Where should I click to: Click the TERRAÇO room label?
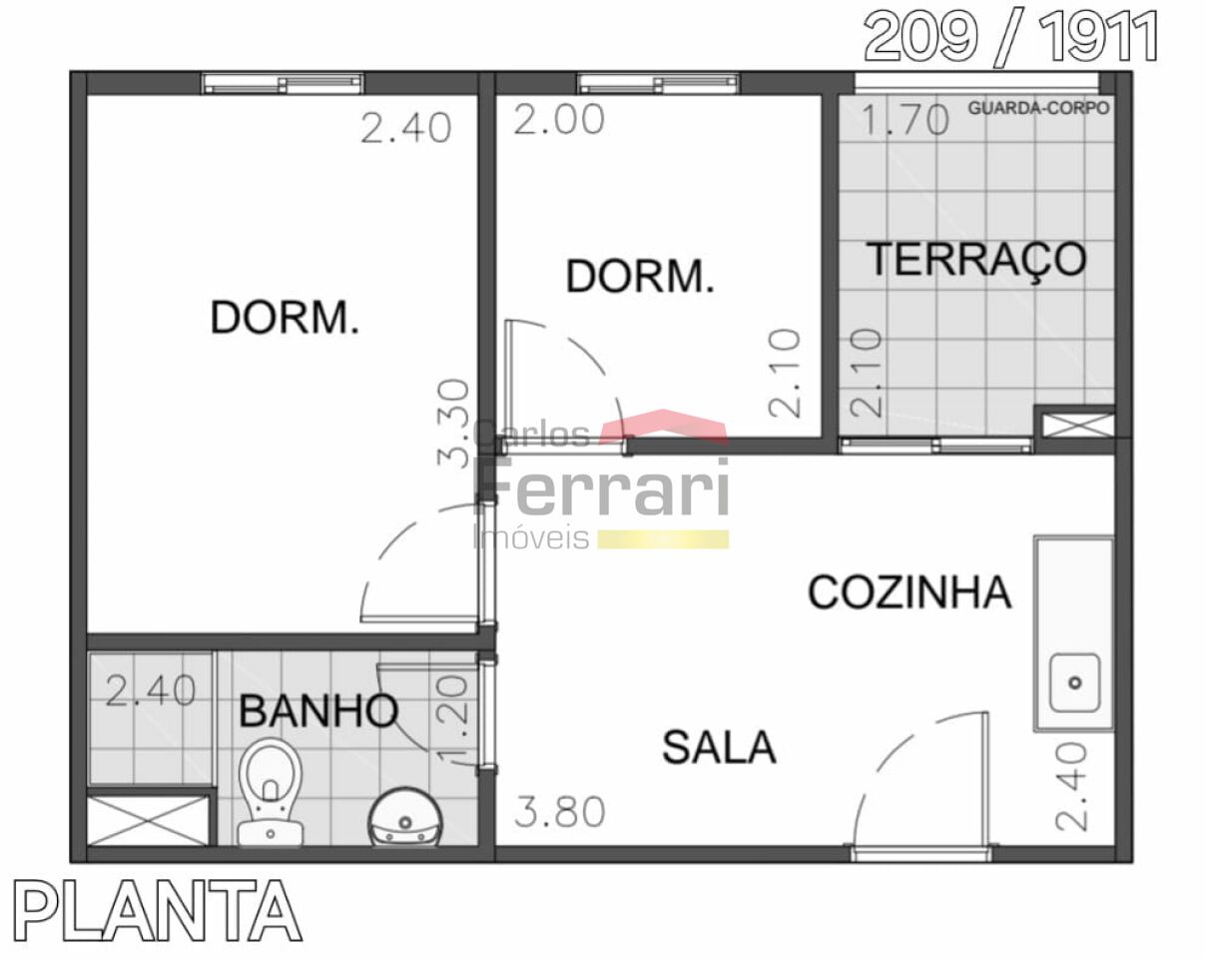pos(976,260)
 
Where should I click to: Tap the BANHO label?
pos(318,710)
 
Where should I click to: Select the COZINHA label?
pos(909,592)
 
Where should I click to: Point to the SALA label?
pos(719,747)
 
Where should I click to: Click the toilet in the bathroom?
pos(271,792)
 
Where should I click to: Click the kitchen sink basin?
pos(1074,682)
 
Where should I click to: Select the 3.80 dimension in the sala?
pos(560,811)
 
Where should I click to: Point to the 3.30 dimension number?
pos(452,424)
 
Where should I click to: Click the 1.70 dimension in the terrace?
pos(905,120)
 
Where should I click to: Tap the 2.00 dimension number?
pos(559,120)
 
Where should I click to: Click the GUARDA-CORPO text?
pos(1038,108)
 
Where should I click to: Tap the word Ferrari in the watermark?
pos(602,486)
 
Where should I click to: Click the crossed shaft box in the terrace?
pos(1074,426)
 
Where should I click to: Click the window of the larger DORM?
pos(283,84)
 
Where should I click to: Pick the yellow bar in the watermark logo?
pos(664,539)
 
